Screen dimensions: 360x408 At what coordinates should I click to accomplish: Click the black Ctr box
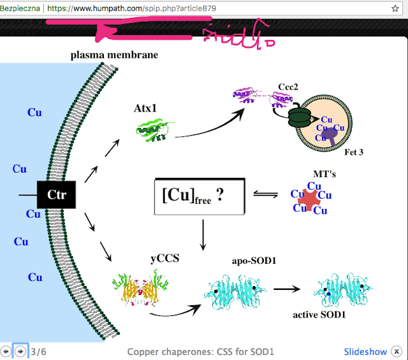point(57,194)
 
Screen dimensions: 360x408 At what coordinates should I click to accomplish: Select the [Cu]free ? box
point(200,195)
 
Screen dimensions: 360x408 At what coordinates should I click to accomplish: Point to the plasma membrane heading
point(114,55)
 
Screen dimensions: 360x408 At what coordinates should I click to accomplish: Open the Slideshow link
point(365,352)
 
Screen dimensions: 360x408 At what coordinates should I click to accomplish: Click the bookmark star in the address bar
point(395,9)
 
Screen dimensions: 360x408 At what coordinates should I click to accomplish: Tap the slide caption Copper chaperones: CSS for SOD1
point(200,352)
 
